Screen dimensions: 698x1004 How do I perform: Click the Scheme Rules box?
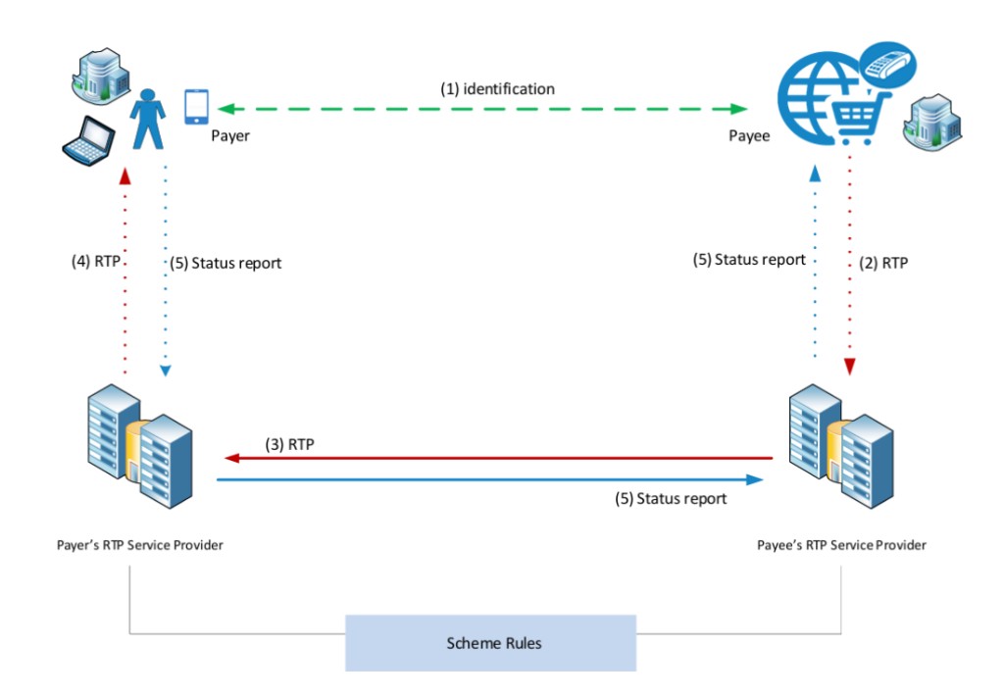pos(490,643)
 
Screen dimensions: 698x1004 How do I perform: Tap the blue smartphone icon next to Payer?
pos(196,107)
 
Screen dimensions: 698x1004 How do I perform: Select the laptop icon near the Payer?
pos(88,141)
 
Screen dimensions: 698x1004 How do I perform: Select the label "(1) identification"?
pos(497,89)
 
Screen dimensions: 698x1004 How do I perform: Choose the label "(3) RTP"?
pos(289,444)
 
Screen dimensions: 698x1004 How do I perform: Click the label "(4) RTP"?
pos(94,263)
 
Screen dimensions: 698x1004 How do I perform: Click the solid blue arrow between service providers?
pos(490,480)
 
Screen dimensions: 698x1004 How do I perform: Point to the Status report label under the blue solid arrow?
pos(671,499)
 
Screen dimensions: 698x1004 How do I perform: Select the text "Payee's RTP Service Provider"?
pos(841,545)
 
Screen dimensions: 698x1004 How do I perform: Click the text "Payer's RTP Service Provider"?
pos(140,545)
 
